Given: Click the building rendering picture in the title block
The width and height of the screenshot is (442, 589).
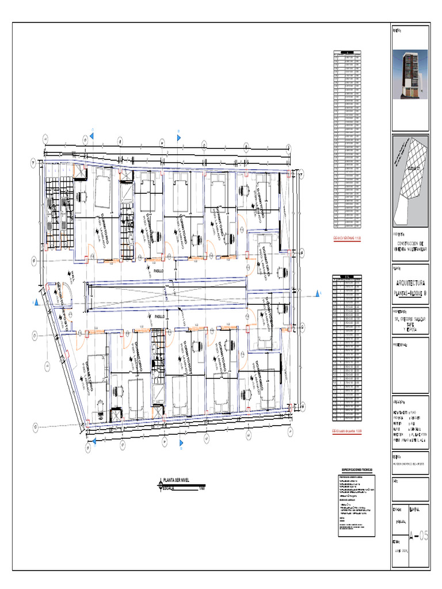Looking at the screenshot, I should (410, 75).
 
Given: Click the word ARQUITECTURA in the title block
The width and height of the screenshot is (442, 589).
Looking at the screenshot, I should (411, 283).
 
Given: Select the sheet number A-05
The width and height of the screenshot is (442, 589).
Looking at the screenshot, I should (418, 537).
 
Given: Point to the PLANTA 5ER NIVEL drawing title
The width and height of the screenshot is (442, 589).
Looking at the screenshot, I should (181, 480).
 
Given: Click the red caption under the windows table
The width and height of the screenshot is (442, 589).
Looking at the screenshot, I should (347, 238).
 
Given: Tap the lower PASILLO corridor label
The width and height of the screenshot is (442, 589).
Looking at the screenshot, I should (159, 316).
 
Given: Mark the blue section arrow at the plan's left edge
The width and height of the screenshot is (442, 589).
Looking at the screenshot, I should (36, 301).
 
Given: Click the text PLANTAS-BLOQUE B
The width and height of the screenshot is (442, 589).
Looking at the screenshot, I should (411, 293).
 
